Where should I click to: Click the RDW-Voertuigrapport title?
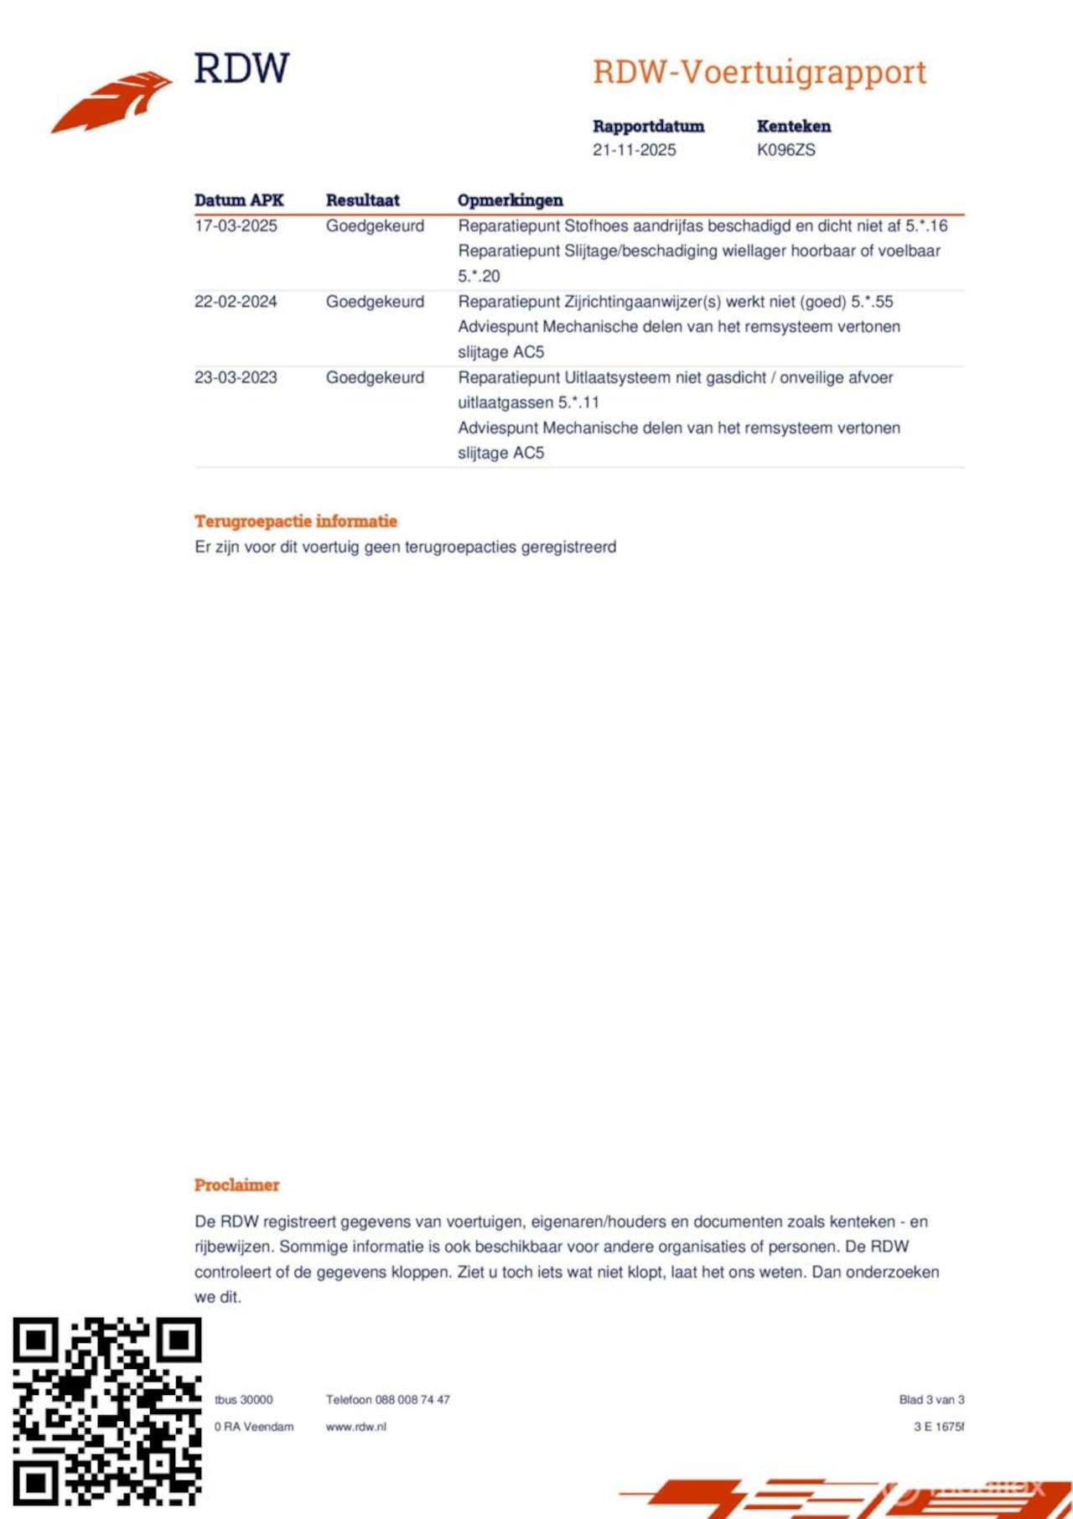click(759, 73)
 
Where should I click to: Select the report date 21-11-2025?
click(634, 150)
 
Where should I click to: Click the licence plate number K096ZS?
click(785, 150)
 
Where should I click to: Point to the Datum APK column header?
click(239, 200)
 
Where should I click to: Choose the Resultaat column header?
click(362, 200)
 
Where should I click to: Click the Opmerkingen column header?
click(510, 200)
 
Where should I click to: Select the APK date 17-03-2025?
click(236, 226)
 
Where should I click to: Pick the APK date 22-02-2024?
click(236, 302)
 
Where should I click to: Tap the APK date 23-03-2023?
click(236, 377)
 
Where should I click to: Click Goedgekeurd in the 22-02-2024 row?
click(375, 302)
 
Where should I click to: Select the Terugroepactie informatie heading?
click(296, 521)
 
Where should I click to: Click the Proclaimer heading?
click(236, 1185)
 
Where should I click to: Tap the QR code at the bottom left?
click(106, 1412)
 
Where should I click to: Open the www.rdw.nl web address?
click(356, 1427)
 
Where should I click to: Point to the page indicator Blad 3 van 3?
click(931, 1400)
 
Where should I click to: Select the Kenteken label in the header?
click(793, 127)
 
